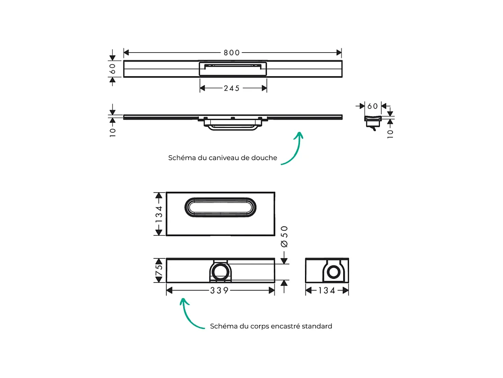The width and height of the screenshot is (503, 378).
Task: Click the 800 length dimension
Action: (x=232, y=53)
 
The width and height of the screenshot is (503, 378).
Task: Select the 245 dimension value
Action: (x=233, y=88)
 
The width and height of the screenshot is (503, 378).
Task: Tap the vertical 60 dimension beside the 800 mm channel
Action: (x=113, y=69)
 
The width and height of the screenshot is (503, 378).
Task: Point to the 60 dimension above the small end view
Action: (x=373, y=106)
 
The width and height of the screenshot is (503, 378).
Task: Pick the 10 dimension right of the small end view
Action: (x=390, y=132)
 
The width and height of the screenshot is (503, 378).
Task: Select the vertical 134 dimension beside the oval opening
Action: (x=159, y=214)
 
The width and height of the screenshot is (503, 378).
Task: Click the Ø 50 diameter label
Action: (x=284, y=236)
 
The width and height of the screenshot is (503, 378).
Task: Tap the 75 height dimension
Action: (x=159, y=270)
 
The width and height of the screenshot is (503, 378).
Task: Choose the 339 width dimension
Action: (x=220, y=291)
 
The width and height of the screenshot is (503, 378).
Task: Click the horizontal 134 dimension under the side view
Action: (x=327, y=291)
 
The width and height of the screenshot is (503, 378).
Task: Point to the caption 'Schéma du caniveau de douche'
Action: (x=222, y=158)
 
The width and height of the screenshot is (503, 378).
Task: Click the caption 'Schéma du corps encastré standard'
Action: (x=271, y=326)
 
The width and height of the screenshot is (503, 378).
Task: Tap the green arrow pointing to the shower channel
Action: (x=294, y=148)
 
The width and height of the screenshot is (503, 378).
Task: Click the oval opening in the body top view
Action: (x=221, y=207)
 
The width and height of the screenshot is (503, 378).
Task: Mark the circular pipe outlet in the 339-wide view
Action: (x=220, y=272)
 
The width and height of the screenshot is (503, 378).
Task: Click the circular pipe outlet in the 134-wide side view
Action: (x=333, y=272)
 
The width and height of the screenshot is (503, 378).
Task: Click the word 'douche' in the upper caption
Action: (x=265, y=158)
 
